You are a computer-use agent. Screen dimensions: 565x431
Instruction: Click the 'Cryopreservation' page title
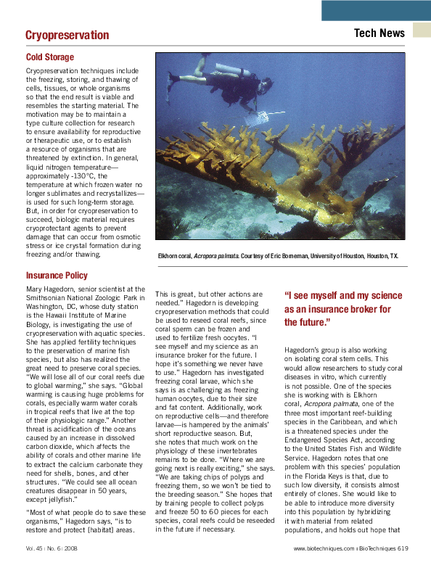click(x=67, y=35)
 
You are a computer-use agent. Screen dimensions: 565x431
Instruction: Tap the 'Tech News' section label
click(x=379, y=33)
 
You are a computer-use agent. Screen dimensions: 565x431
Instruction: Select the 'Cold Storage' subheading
click(x=50, y=57)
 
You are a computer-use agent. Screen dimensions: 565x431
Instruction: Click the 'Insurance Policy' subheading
click(x=57, y=276)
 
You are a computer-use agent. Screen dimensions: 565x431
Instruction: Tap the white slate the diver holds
click(x=256, y=115)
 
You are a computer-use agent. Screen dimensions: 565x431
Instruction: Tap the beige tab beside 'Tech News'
click(x=422, y=30)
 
